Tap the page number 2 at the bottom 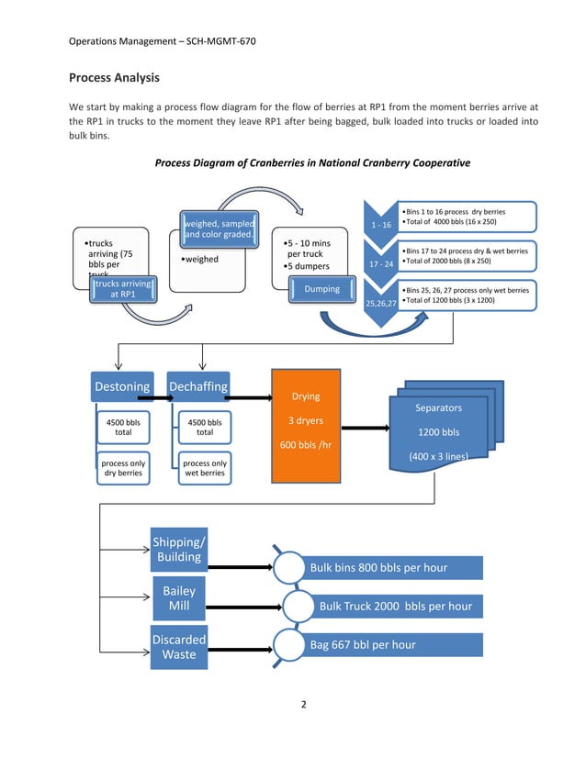click(x=302, y=705)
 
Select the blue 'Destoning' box click(x=122, y=386)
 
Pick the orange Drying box click(x=305, y=426)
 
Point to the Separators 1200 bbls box click(x=438, y=431)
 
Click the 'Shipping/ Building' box click(x=179, y=549)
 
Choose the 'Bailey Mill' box click(x=179, y=598)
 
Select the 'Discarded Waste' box click(x=179, y=646)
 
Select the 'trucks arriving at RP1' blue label click(x=120, y=289)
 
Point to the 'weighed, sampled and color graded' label click(x=220, y=229)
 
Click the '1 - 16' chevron click(x=380, y=224)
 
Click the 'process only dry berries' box click(x=123, y=469)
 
